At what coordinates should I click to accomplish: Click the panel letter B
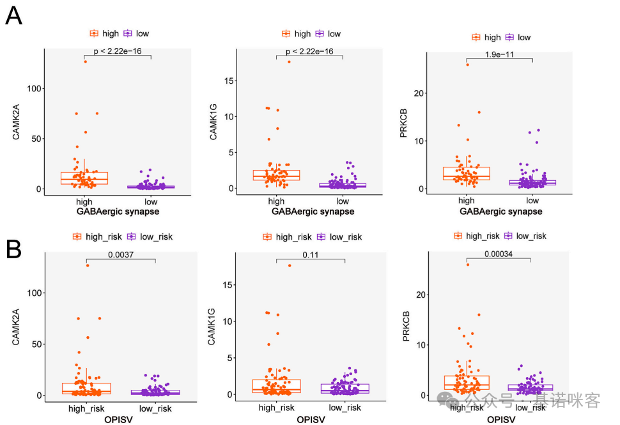point(14,249)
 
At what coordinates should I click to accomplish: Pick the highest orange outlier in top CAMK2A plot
point(86,61)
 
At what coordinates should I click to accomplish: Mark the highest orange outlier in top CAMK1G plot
point(289,62)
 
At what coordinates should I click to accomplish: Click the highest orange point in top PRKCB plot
point(467,65)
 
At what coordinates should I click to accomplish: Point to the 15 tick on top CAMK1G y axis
point(229,81)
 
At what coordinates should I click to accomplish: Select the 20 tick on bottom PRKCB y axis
point(419,295)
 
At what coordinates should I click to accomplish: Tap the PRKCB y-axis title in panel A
point(403,122)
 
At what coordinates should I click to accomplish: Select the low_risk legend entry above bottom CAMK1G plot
point(339,237)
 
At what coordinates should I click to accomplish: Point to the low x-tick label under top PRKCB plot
point(532,200)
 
